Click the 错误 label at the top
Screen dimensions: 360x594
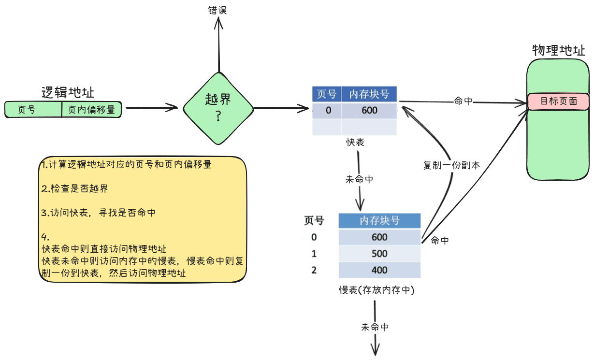(217, 10)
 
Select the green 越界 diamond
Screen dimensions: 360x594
(218, 108)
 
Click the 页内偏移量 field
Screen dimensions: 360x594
(91, 110)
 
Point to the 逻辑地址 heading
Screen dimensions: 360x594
(68, 92)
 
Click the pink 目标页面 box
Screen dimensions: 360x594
(558, 101)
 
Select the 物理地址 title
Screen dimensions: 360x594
(558, 50)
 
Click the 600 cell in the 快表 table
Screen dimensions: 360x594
(369, 110)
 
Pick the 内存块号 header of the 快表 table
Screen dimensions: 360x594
(369, 94)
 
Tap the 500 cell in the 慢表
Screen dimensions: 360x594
(379, 254)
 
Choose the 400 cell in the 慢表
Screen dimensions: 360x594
(379, 270)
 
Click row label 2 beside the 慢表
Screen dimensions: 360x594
(314, 270)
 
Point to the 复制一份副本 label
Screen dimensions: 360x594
(451, 165)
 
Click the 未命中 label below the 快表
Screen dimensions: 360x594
(359, 179)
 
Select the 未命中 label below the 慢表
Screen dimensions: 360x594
(375, 327)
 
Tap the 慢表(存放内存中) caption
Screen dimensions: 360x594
(377, 290)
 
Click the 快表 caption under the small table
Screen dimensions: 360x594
(355, 143)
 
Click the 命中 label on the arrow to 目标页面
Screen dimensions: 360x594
(463, 101)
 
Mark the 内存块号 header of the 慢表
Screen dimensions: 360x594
(379, 221)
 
